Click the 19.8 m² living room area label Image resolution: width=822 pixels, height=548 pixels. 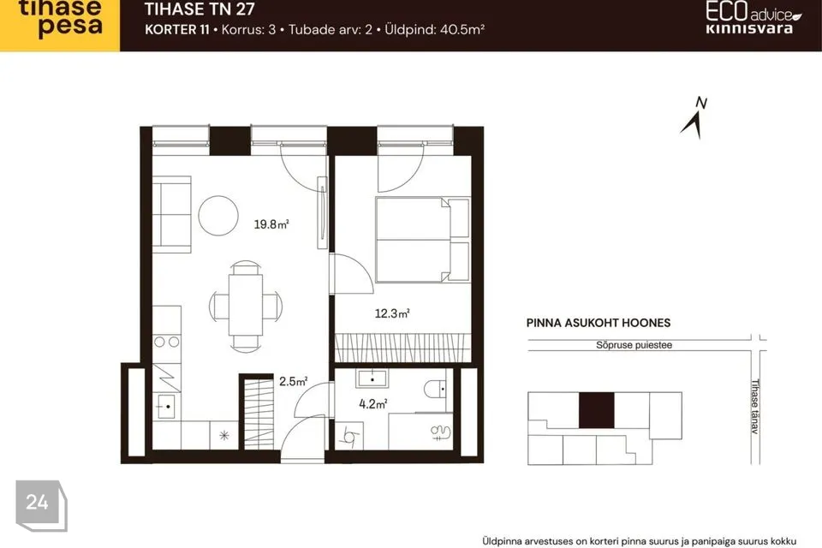(x=271, y=224)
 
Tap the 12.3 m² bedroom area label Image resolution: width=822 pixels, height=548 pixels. (x=391, y=313)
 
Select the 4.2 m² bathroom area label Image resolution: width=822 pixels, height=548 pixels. (x=372, y=404)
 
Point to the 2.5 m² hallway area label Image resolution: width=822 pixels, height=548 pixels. (x=293, y=381)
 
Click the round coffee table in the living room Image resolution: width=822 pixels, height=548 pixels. (x=218, y=216)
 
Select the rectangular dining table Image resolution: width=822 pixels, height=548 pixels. (x=246, y=305)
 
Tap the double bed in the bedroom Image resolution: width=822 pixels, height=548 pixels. (x=422, y=240)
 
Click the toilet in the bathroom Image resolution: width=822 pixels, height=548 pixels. (x=435, y=389)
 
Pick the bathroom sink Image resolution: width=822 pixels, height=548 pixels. (x=372, y=378)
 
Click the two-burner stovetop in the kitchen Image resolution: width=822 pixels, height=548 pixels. (x=167, y=342)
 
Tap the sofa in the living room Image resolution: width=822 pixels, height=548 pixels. (x=171, y=214)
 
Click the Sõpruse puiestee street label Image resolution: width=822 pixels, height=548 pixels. (x=634, y=345)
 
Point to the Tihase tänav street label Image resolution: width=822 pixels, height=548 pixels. (x=755, y=407)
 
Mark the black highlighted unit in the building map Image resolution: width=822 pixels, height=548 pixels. (x=597, y=410)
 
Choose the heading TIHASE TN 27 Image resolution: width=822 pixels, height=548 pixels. (x=200, y=9)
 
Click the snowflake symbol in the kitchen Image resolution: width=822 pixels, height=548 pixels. (x=224, y=435)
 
